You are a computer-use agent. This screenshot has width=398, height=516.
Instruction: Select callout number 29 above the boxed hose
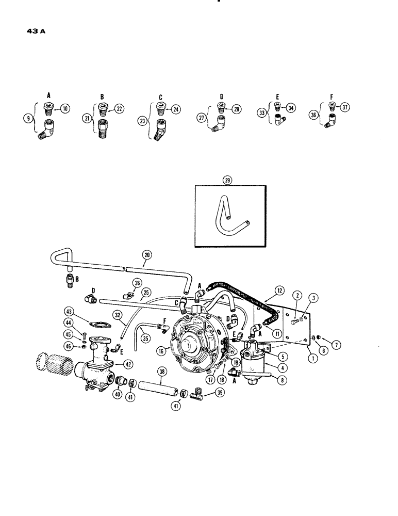tap(227, 180)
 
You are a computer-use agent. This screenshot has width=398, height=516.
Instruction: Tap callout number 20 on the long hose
tap(147, 254)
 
